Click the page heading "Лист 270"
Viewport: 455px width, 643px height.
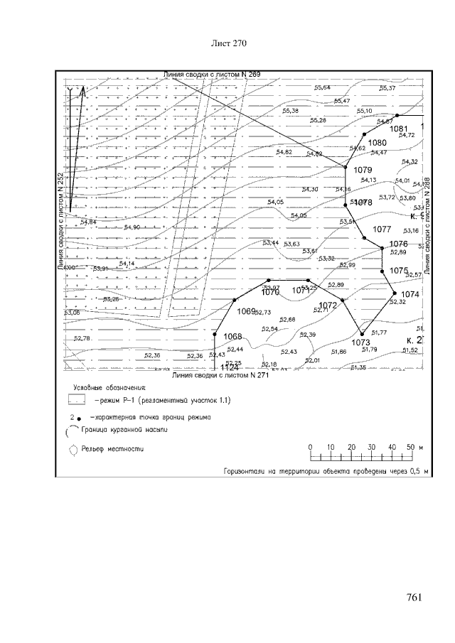229,44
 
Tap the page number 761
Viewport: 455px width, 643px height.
412,597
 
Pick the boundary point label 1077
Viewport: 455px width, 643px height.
382,229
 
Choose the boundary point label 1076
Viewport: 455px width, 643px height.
399,244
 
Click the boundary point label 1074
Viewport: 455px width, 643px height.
410,294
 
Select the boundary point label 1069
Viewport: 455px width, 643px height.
246,311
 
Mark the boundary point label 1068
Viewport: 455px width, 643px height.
233,336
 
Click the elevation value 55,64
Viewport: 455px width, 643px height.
322,87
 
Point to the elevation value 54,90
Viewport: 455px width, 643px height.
132,227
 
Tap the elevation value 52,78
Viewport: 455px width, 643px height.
82,338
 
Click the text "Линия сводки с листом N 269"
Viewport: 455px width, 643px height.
212,74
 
